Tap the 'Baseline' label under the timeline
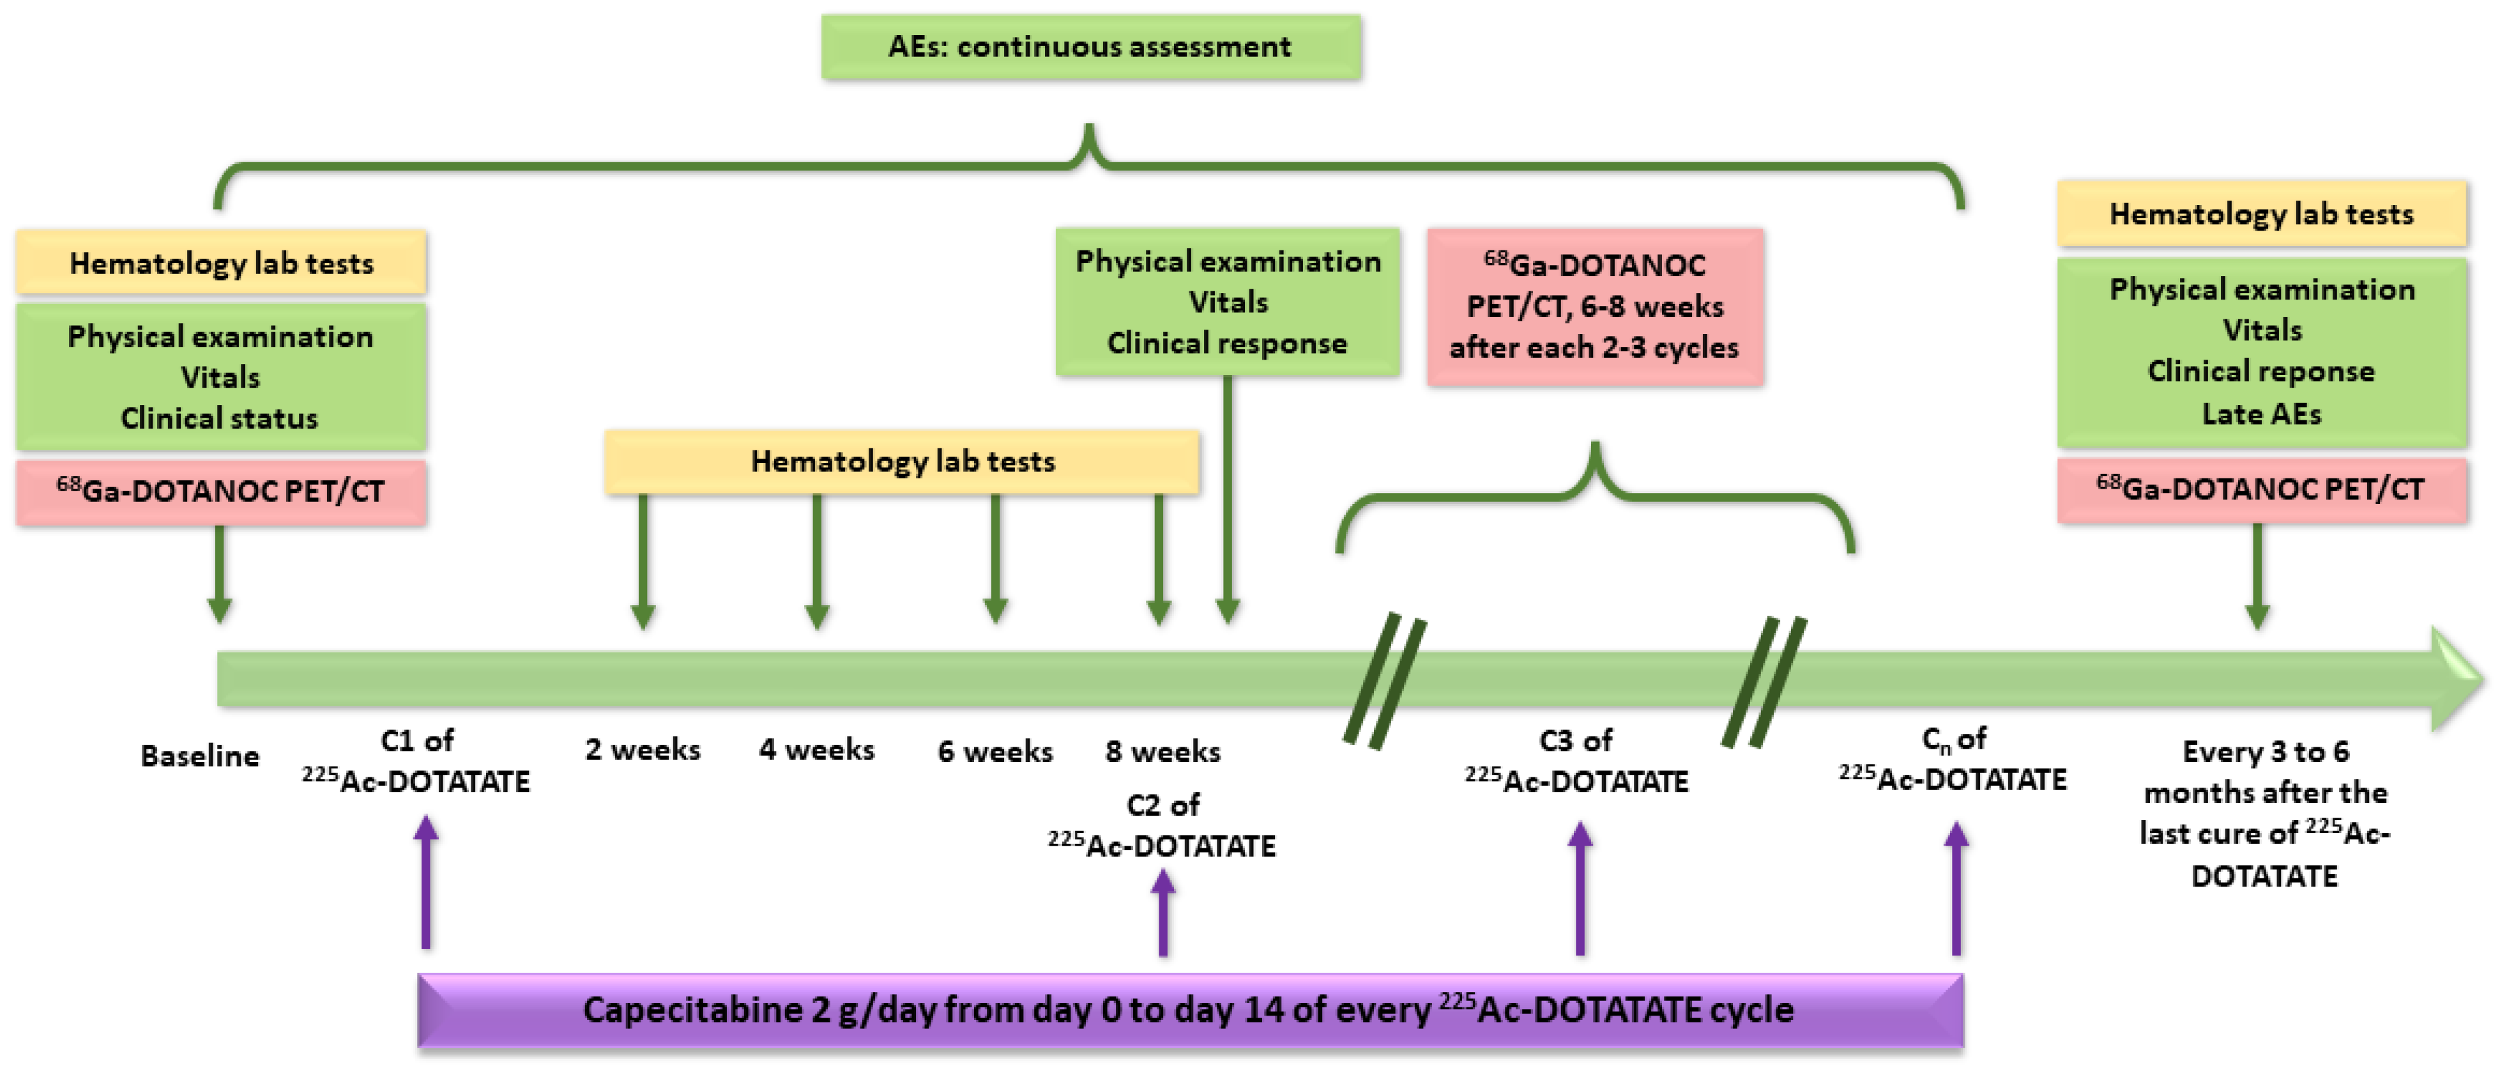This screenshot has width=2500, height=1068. [x=200, y=756]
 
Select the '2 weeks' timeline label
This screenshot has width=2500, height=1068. [x=643, y=749]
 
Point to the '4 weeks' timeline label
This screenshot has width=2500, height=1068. [x=817, y=749]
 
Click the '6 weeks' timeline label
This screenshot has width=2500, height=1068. [x=995, y=751]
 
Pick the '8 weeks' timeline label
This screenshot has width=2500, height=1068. [x=1162, y=751]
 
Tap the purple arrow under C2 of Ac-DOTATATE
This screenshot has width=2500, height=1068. [x=1162, y=913]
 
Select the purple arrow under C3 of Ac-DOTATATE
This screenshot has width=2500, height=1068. [x=1580, y=889]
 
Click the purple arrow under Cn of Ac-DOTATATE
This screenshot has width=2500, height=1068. [x=1956, y=889]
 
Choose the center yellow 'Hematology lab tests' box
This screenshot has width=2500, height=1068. [x=902, y=461]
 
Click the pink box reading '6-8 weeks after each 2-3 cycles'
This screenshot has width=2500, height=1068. [x=1594, y=307]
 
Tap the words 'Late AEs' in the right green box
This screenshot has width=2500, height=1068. [x=2261, y=415]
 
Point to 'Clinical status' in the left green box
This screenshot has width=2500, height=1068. [x=219, y=418]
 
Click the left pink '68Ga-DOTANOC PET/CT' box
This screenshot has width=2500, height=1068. [x=220, y=491]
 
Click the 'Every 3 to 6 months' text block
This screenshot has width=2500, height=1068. [x=2264, y=812]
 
